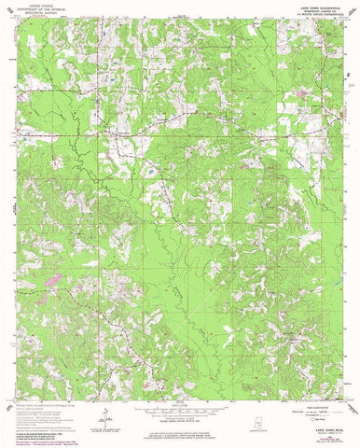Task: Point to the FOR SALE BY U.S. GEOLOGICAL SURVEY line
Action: pos(178,435)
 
